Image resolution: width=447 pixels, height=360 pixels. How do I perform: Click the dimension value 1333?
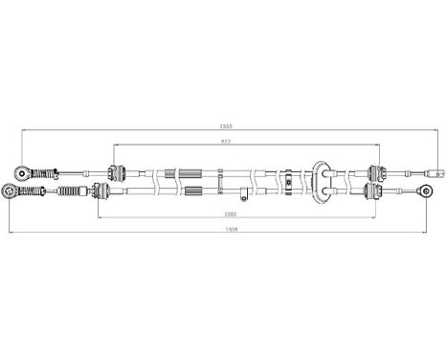click(x=225, y=126)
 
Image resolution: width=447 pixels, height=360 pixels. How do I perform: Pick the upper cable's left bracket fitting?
click(x=117, y=173)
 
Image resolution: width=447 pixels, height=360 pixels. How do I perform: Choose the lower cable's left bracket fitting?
click(x=100, y=192)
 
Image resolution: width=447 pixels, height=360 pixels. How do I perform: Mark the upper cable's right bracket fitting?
click(x=374, y=173)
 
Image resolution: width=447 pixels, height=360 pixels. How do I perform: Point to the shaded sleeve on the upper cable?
click(x=171, y=173)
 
